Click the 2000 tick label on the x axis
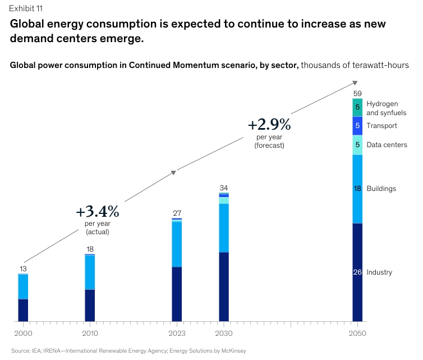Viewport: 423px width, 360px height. coord(23,334)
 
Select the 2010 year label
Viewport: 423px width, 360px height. coord(90,334)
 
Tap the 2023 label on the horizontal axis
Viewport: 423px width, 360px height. coord(177,334)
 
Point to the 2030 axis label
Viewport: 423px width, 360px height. coord(224,334)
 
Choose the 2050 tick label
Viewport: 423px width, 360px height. coord(357,334)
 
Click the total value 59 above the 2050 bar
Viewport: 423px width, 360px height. coord(357,93)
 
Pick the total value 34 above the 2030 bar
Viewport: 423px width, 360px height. coord(224,188)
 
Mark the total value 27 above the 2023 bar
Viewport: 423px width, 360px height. coord(177,213)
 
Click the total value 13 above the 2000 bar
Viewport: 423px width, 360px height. coord(23,268)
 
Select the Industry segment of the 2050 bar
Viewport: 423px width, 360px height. coord(357,272)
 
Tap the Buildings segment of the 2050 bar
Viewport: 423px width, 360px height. coord(357,189)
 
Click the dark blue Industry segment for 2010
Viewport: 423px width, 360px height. coord(90,306)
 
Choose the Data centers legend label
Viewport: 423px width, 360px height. coord(386,145)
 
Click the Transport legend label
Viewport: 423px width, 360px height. coord(381,126)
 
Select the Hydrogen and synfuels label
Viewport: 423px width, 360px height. coord(382,108)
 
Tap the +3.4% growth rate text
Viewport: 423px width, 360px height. coord(98,212)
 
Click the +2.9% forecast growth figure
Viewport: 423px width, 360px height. coord(269,124)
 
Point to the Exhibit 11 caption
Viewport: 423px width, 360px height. coord(25,8)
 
